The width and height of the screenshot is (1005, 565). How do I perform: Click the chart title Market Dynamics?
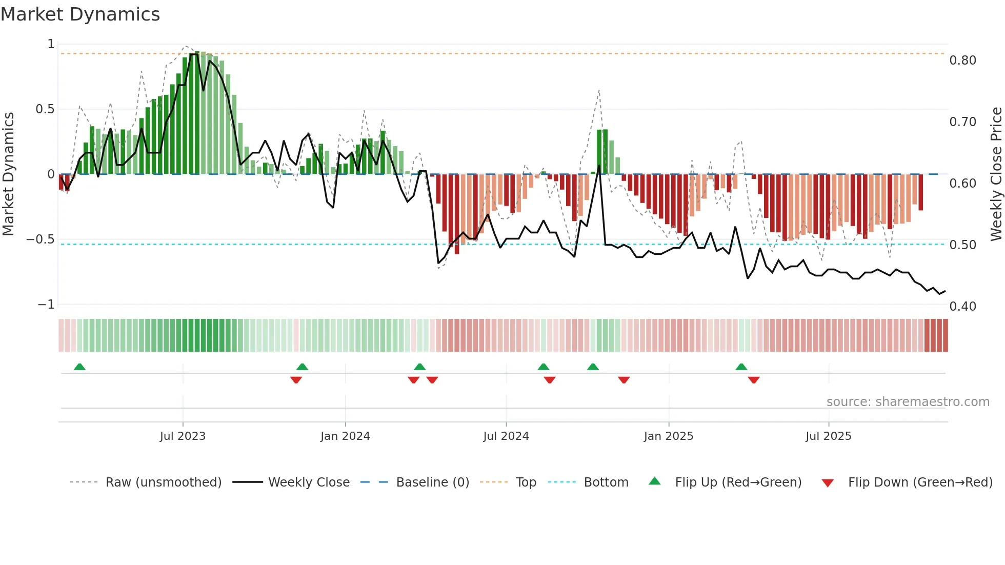pyautogui.click(x=80, y=14)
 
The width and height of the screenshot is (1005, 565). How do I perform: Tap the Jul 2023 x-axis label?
pyautogui.click(x=183, y=436)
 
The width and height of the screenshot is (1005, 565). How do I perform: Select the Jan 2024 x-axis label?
pyautogui.click(x=345, y=436)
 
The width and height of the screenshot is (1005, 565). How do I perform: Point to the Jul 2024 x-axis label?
pyautogui.click(x=506, y=436)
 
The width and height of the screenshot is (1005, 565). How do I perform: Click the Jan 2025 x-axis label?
pyautogui.click(x=669, y=436)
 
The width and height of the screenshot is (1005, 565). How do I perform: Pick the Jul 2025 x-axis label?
pyautogui.click(x=829, y=436)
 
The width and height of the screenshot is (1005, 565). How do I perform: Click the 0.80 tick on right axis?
pyautogui.click(x=962, y=60)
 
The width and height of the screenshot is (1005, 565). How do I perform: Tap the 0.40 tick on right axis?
pyautogui.click(x=962, y=307)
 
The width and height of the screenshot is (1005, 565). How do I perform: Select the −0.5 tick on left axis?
pyautogui.click(x=40, y=239)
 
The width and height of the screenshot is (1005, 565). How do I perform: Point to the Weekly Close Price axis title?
pyautogui.click(x=996, y=174)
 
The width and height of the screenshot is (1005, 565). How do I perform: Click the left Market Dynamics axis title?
pyautogui.click(x=8, y=174)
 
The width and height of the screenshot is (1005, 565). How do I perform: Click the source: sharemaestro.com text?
pyautogui.click(x=908, y=402)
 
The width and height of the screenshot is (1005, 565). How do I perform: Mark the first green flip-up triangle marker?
pyautogui.click(x=79, y=367)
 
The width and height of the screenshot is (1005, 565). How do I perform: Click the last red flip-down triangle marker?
pyautogui.click(x=753, y=380)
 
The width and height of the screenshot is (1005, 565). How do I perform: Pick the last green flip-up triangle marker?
pyautogui.click(x=741, y=367)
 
